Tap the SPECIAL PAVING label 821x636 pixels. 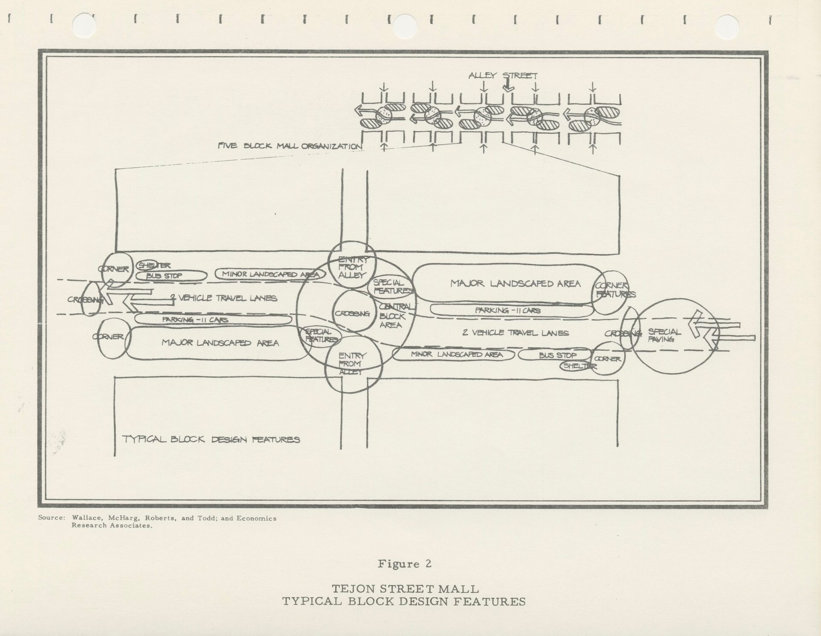pos(664,335)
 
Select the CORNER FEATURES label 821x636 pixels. pos(614,290)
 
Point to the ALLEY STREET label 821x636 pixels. pos(502,76)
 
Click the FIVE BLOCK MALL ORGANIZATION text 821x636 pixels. pos(289,146)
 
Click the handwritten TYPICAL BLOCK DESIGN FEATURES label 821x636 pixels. pos(211,439)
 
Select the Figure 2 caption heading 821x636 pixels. pos(404,564)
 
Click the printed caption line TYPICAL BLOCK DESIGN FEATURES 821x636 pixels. pos(404,601)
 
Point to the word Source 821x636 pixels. pos(51,518)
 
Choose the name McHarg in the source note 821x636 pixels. pos(124,518)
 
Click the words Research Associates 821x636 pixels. pos(112,525)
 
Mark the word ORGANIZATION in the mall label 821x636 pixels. pos(331,146)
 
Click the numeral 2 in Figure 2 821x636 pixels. pos(428,564)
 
